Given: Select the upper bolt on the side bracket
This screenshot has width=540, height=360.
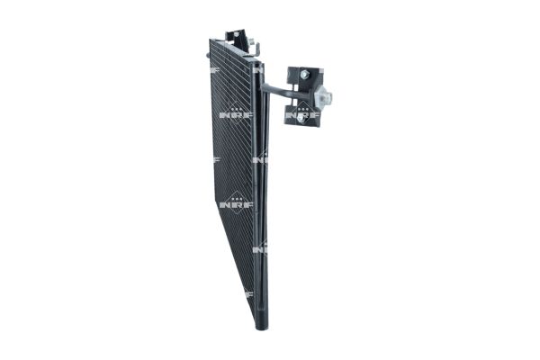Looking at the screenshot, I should (x=306, y=74).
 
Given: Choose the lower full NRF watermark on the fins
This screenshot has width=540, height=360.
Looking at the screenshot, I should (x=236, y=204).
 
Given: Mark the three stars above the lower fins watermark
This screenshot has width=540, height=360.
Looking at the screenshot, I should (x=236, y=196).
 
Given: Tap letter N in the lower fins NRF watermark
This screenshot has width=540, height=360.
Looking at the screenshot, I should (x=226, y=204).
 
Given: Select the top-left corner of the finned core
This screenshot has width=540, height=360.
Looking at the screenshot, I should (x=211, y=40).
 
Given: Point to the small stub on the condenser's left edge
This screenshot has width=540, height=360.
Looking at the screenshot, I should (x=207, y=56).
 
